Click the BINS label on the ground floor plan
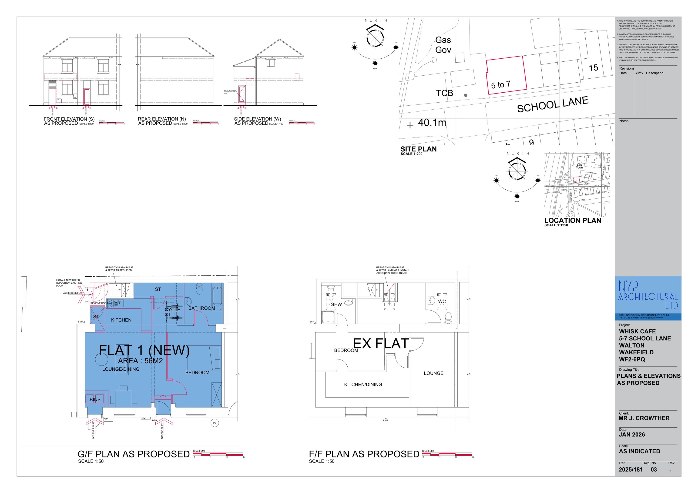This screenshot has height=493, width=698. (95, 399)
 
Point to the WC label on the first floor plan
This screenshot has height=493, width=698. (442, 302)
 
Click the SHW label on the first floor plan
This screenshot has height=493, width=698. (336, 304)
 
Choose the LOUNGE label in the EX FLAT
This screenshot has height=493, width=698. (433, 373)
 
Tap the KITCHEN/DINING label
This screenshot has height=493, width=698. (363, 385)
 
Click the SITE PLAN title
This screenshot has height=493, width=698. (418, 149)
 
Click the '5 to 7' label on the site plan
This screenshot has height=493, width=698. (500, 84)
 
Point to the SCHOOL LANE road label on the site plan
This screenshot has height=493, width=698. (553, 104)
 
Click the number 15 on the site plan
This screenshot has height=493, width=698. (593, 68)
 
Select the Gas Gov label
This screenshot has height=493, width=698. (443, 45)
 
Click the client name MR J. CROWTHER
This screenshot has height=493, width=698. (644, 418)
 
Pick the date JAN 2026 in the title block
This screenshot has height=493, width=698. (632, 435)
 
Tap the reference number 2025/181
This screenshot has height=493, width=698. (631, 470)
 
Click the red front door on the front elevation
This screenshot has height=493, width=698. (87, 97)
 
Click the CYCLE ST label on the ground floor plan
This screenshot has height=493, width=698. (172, 312)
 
